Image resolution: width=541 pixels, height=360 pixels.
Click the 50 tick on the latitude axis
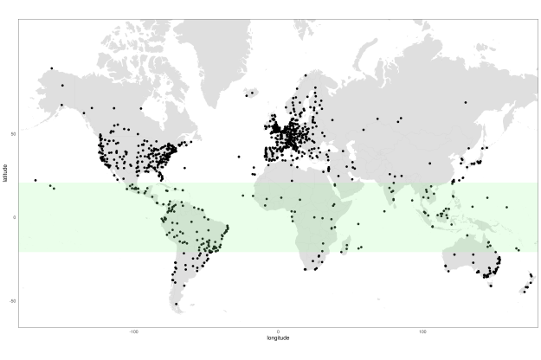(x=13, y=134)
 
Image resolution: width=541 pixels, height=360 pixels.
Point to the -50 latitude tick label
(x=12, y=300)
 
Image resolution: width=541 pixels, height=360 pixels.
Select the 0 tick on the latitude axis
(x=14, y=217)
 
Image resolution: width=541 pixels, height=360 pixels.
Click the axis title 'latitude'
(x=4, y=173)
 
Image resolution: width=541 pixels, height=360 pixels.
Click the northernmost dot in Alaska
(x=52, y=68)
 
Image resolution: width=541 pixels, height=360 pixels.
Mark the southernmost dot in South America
(x=177, y=304)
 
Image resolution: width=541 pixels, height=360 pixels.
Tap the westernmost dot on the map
(x=35, y=180)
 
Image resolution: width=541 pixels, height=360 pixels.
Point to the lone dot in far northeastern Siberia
(x=465, y=102)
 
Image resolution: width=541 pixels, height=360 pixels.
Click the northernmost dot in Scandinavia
(x=306, y=75)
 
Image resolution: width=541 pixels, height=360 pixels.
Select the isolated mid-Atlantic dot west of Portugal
(x=239, y=157)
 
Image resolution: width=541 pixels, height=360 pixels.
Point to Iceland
(x=251, y=93)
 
